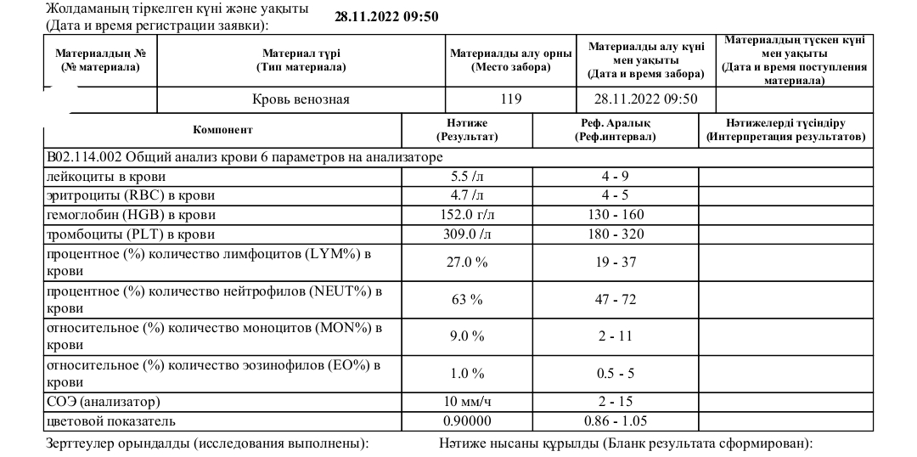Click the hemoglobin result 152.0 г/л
pyautogui.click(x=467, y=214)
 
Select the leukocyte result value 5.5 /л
pyautogui.click(x=467, y=177)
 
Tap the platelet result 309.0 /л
pyautogui.click(x=467, y=234)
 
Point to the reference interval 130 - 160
pyautogui.click(x=616, y=214)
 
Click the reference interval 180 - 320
pyautogui.click(x=616, y=234)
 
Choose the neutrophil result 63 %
pyautogui.click(x=467, y=299)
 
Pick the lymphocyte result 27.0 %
pyautogui.click(x=467, y=262)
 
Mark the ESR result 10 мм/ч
pyautogui.click(x=467, y=401)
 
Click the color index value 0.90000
pyautogui.click(x=467, y=420)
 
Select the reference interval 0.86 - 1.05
pyautogui.click(x=616, y=420)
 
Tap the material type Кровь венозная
pyautogui.click(x=301, y=99)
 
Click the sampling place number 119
pyautogui.click(x=510, y=99)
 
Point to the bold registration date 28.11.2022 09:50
pyautogui.click(x=386, y=16)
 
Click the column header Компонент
pyautogui.click(x=222, y=130)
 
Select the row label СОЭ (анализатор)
pyautogui.click(x=104, y=401)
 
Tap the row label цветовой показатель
pyautogui.click(x=111, y=420)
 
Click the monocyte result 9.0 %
pyautogui.click(x=467, y=336)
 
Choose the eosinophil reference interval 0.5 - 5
pyautogui.click(x=616, y=373)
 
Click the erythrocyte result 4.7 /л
pyautogui.click(x=467, y=195)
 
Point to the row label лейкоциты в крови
pyautogui.click(x=106, y=177)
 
